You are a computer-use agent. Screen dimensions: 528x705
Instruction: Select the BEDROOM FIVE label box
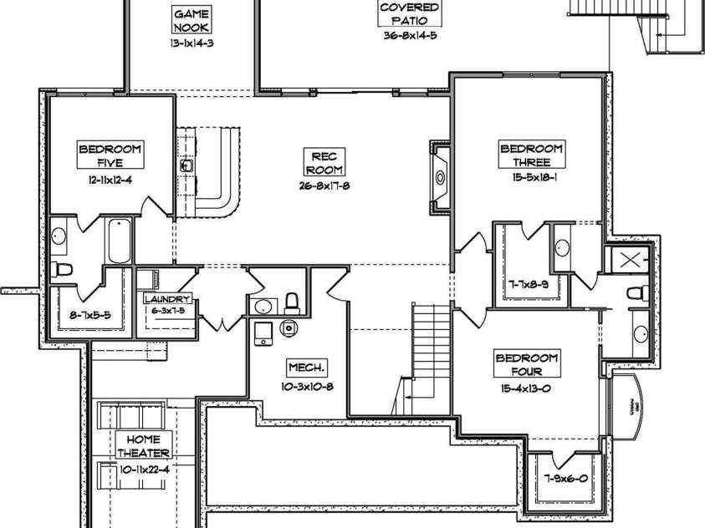tap(110, 155)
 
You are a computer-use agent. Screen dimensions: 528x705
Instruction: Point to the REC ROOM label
tap(324, 162)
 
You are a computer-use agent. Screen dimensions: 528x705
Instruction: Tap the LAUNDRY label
tap(167, 299)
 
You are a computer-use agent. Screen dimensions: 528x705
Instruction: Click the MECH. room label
tap(306, 368)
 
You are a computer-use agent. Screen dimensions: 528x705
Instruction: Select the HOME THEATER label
tap(149, 446)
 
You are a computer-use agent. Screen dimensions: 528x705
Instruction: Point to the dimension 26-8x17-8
tap(324, 186)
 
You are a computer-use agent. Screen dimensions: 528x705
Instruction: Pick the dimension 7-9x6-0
tap(567, 480)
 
